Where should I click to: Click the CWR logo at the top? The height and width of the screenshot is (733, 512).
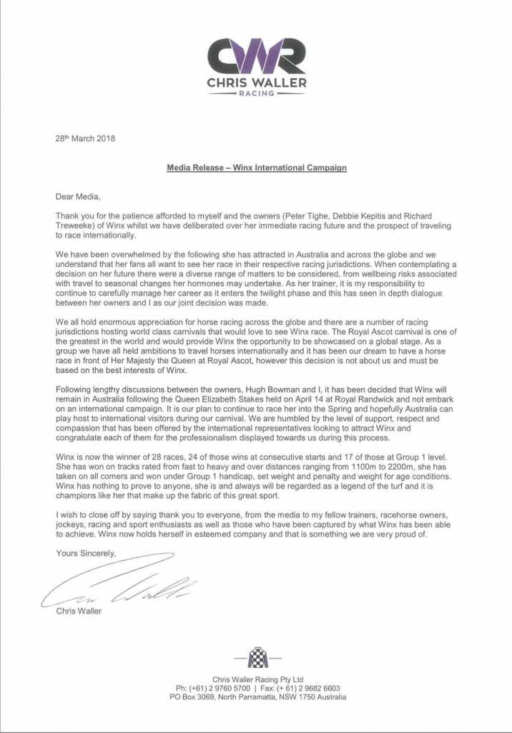point(257,56)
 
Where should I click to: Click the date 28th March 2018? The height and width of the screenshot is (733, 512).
point(85,138)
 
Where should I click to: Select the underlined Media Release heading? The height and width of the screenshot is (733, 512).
point(257,168)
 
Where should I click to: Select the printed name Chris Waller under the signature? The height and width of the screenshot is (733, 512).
point(80,611)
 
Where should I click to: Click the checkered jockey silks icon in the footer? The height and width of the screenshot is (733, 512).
point(257,657)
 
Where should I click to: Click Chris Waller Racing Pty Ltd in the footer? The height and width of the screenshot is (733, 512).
point(257,679)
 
